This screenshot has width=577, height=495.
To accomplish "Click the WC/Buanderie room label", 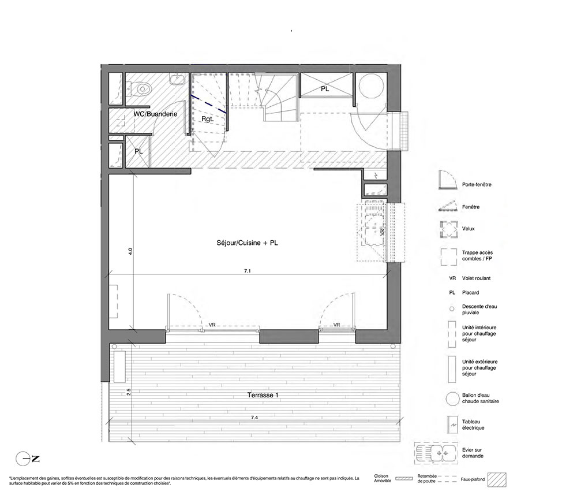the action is (x=155, y=114).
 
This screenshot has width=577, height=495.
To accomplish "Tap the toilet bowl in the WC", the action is (x=142, y=89).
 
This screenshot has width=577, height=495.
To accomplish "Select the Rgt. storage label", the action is (x=208, y=120).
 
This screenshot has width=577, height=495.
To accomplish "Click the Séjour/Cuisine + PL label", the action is (x=248, y=243).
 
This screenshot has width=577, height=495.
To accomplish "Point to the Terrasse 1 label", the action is (x=263, y=395).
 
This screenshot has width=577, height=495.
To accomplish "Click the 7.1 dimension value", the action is (x=248, y=271).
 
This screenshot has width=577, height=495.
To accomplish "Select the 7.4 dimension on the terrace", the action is (x=254, y=417).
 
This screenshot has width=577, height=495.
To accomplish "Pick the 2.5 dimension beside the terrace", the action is (x=129, y=392).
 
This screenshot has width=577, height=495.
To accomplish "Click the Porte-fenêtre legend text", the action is (x=477, y=184).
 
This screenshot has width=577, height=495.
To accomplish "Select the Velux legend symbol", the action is (x=449, y=230).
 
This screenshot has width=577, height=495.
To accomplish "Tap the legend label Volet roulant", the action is (x=476, y=278).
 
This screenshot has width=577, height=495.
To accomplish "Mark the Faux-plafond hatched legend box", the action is (x=497, y=480).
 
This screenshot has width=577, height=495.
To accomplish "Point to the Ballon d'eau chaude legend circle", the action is (x=452, y=398).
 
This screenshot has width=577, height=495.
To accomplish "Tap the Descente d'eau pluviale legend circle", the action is (x=452, y=310).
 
